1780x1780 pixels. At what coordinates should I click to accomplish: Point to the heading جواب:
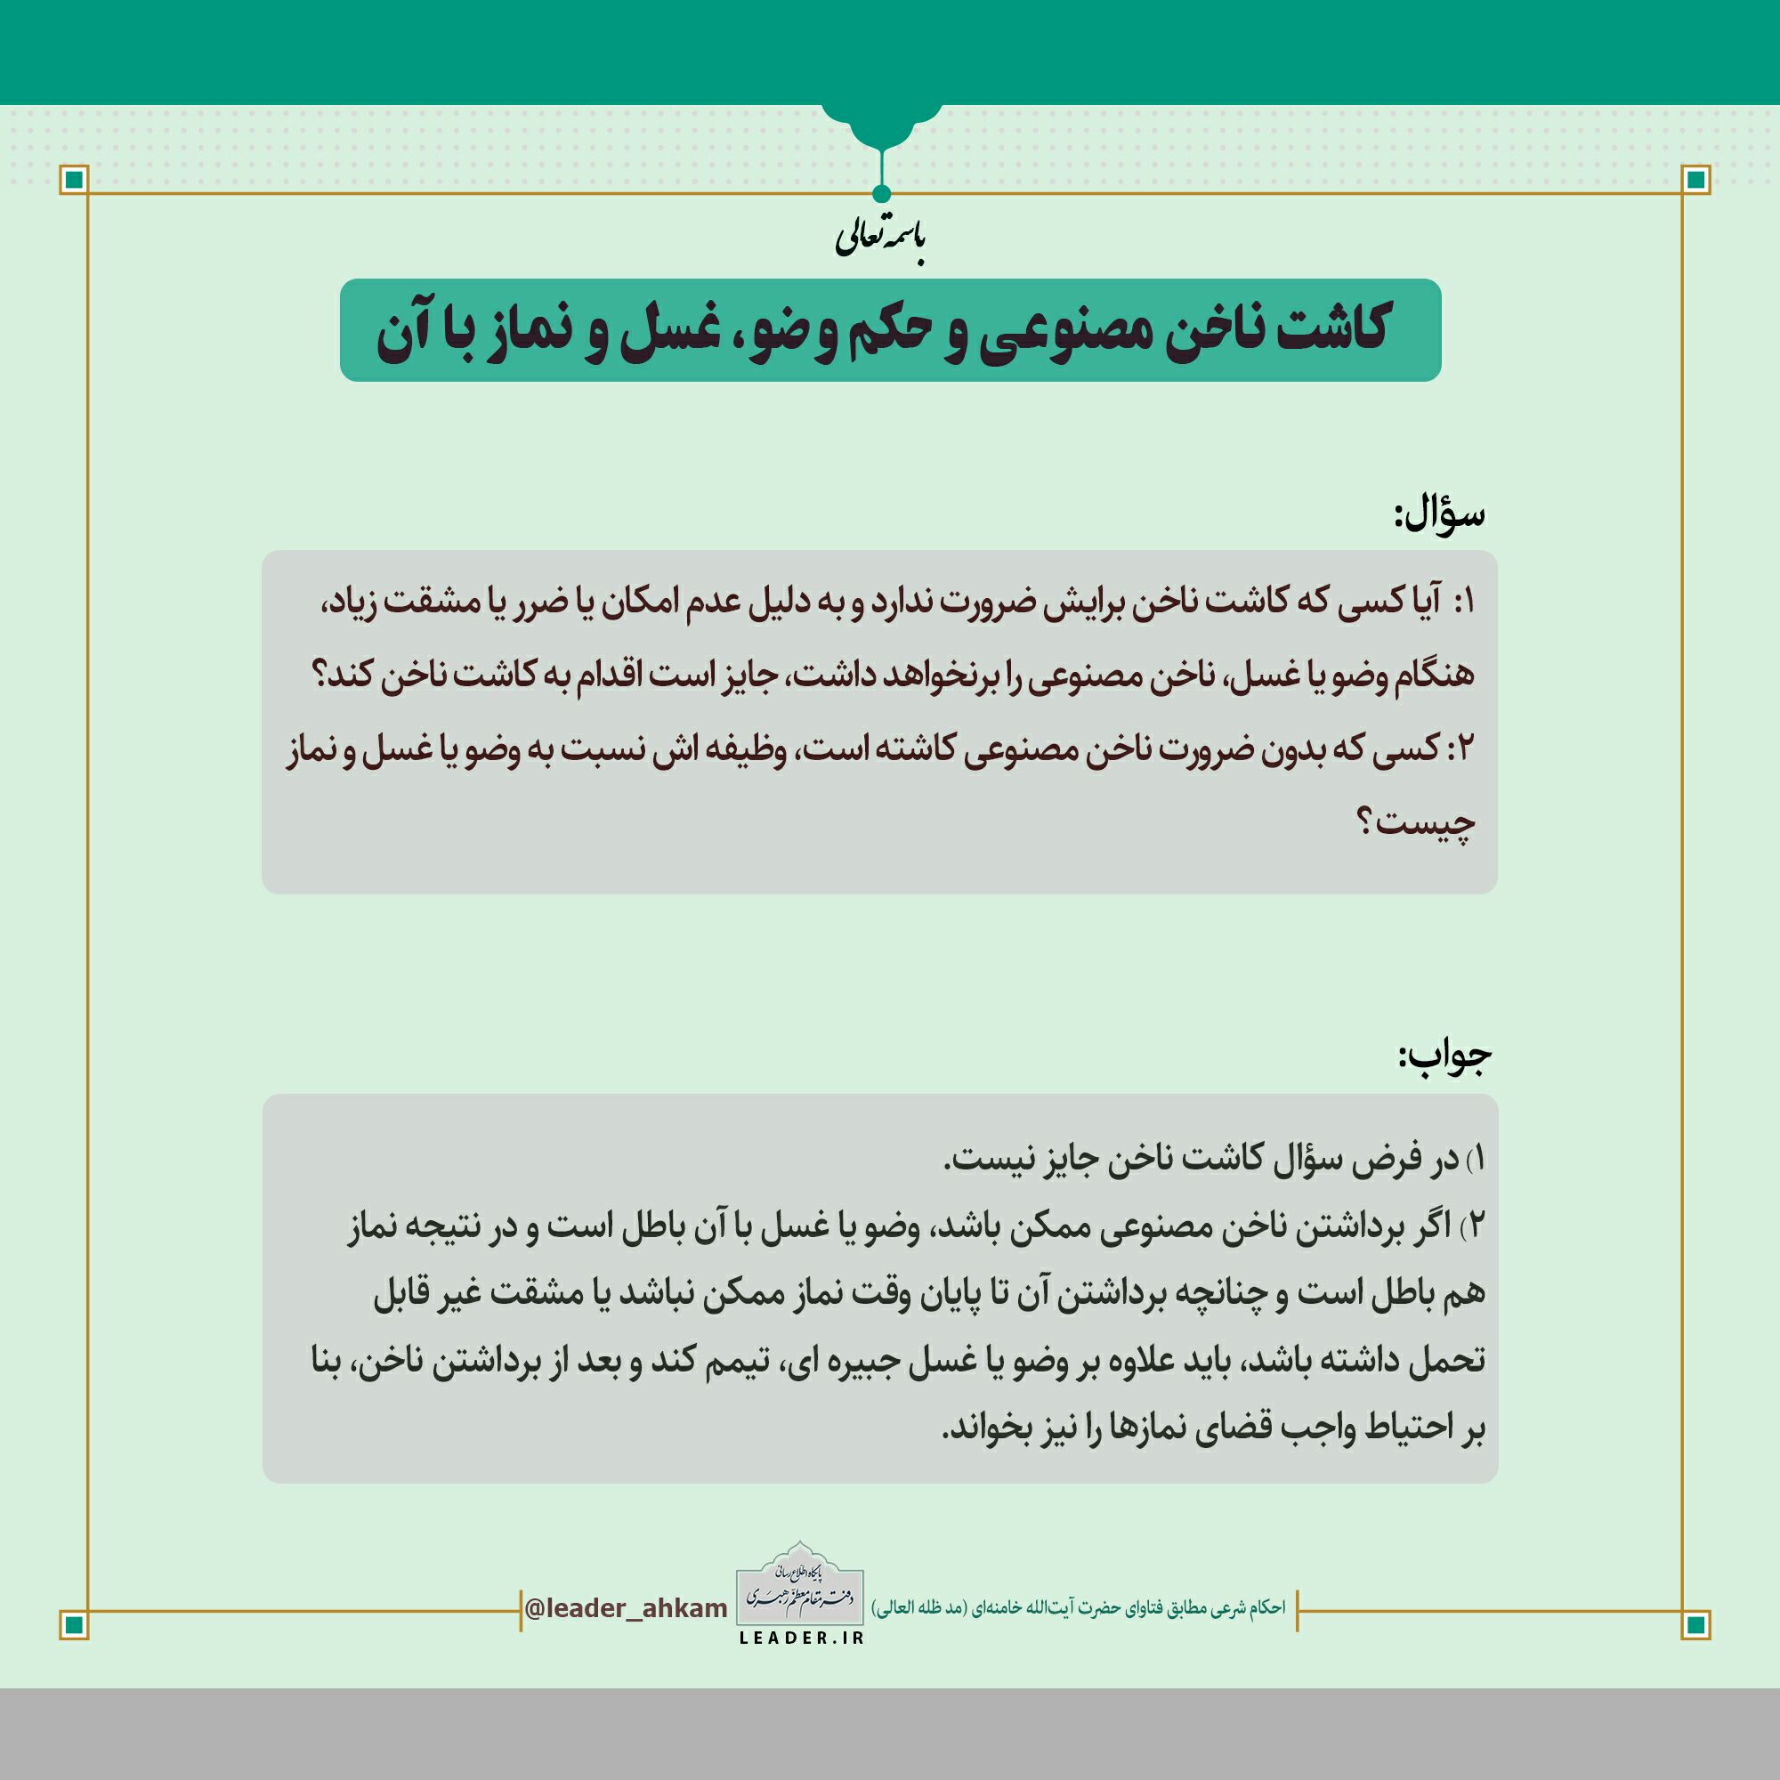coord(1444,1057)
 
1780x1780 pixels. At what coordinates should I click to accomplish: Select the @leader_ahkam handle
coord(626,1608)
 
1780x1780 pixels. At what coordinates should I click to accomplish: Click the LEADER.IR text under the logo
coord(801,1638)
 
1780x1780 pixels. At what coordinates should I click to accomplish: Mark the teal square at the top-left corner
coord(75,179)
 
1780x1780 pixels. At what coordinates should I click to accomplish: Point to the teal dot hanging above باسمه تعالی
coord(881,193)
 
